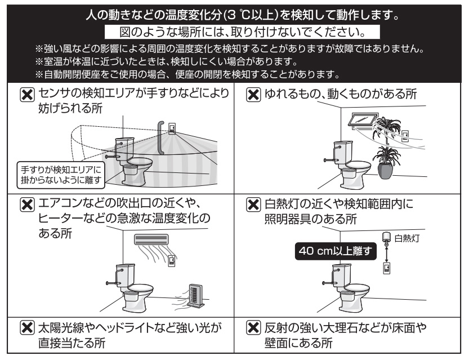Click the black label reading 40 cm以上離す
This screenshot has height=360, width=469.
tap(337, 250)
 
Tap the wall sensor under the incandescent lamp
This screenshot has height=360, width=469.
tap(386, 269)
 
